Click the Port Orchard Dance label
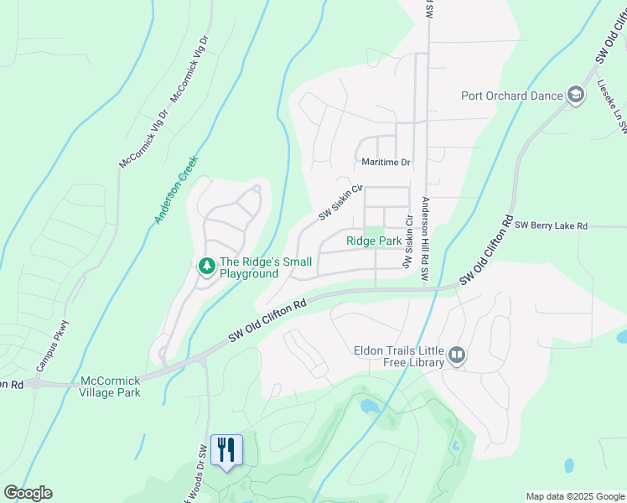(x=511, y=96)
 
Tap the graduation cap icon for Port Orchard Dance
(x=575, y=95)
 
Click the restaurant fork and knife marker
(x=225, y=450)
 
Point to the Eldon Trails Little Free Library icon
(x=456, y=355)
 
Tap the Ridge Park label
(x=374, y=241)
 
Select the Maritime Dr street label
(x=386, y=162)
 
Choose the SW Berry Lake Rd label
(x=552, y=226)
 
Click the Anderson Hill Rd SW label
(x=425, y=239)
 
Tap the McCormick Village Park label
(x=110, y=386)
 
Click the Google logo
(x=28, y=493)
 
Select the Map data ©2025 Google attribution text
(x=574, y=496)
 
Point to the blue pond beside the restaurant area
(x=370, y=407)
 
